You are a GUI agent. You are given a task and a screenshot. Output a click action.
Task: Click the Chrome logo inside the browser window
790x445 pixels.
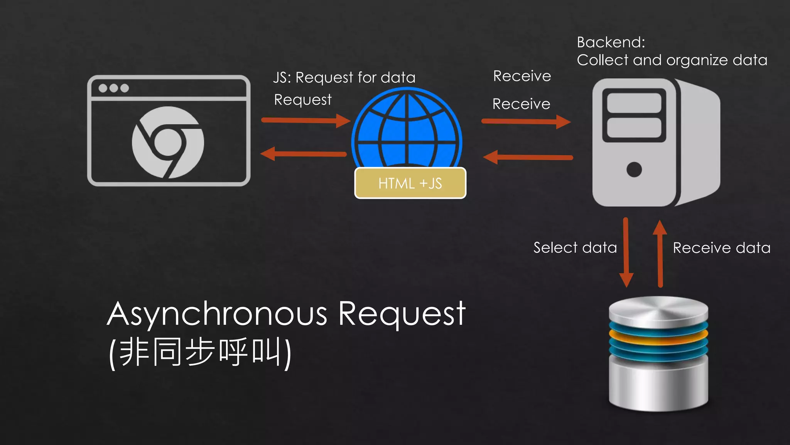pos(168,142)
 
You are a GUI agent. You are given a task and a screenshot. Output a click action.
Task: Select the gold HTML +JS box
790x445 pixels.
pos(410,183)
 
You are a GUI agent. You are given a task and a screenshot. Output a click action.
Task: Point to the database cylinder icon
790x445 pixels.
pos(658,353)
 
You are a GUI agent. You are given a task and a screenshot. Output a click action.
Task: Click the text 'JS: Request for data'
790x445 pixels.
pos(344,78)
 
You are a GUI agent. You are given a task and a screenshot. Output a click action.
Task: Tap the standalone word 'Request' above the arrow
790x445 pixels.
pos(303,100)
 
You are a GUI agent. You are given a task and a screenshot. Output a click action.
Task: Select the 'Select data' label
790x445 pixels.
pos(575,248)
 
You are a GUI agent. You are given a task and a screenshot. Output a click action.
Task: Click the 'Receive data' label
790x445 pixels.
pos(721,248)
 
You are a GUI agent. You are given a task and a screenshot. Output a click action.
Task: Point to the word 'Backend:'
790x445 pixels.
pos(611,42)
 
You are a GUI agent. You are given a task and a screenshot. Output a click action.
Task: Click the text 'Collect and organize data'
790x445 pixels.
pos(672,60)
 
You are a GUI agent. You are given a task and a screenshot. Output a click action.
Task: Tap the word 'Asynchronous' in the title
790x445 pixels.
pos(217,314)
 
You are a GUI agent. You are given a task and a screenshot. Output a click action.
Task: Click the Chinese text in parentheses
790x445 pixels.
pos(200,352)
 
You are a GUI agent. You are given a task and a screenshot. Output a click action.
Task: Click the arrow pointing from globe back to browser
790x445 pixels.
pos(304,154)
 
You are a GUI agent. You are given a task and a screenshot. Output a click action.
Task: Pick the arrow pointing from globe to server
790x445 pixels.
pos(526,122)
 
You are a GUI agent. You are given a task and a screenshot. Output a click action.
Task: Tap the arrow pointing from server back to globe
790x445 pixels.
pos(528,157)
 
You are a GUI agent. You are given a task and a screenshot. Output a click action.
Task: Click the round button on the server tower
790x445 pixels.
pos(634,169)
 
